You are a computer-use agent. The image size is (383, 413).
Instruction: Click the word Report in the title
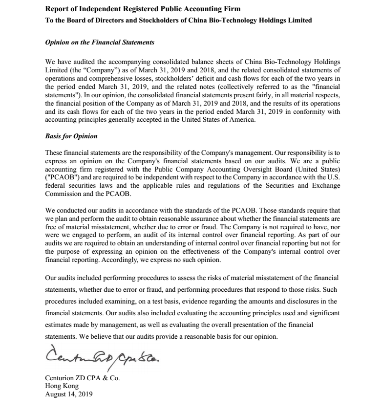click(57, 9)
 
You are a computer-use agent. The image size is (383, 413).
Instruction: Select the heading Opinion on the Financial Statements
click(100, 43)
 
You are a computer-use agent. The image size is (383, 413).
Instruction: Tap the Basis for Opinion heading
click(71, 136)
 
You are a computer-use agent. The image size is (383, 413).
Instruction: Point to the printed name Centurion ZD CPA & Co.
click(82, 378)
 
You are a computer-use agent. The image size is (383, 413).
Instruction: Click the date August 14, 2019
click(68, 393)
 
